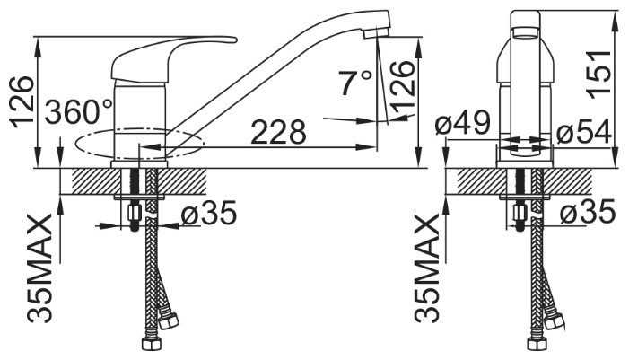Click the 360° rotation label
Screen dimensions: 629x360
(79, 111)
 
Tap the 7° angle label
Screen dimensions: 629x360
(354, 83)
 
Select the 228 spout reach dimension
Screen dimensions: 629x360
(278, 132)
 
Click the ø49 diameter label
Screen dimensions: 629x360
(462, 122)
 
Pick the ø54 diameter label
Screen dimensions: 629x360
(583, 131)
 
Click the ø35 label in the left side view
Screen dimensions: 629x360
(208, 212)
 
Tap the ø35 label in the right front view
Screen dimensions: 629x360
(588, 211)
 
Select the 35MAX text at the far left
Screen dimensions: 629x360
(39, 268)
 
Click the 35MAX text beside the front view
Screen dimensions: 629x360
(427, 268)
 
